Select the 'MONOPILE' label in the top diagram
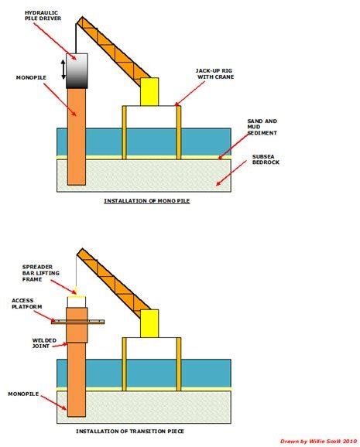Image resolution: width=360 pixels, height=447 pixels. (x=30, y=77)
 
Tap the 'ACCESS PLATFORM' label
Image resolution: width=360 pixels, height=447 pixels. (x=28, y=305)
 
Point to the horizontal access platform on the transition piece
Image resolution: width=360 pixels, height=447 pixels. (x=77, y=320)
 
